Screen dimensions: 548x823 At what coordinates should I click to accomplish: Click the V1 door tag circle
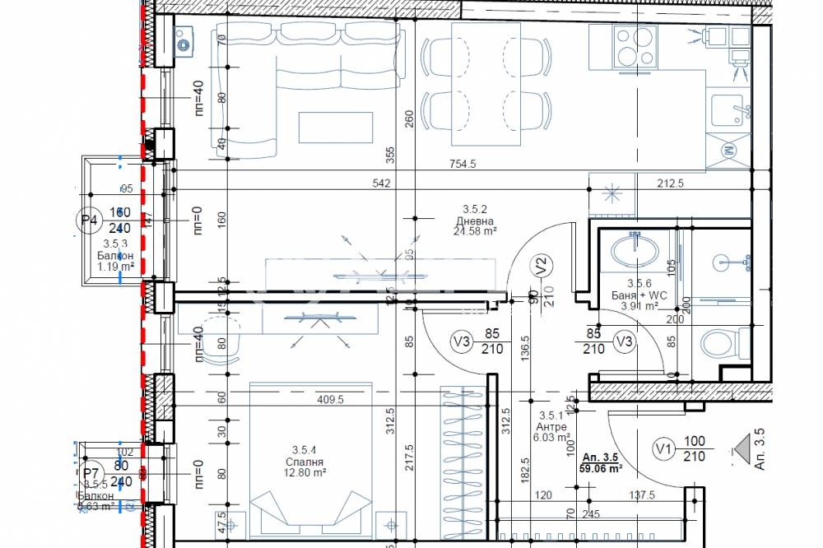tap(663, 448)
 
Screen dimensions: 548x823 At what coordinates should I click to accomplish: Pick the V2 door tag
tap(541, 267)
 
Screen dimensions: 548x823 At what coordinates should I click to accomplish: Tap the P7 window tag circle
tap(91, 474)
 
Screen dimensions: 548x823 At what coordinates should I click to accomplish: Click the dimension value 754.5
tap(463, 164)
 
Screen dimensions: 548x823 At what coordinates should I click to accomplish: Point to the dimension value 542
tap(380, 183)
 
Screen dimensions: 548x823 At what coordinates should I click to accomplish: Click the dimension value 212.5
tap(671, 183)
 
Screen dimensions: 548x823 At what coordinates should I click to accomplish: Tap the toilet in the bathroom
tap(722, 342)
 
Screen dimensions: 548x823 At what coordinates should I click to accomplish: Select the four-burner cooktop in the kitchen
tap(633, 49)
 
